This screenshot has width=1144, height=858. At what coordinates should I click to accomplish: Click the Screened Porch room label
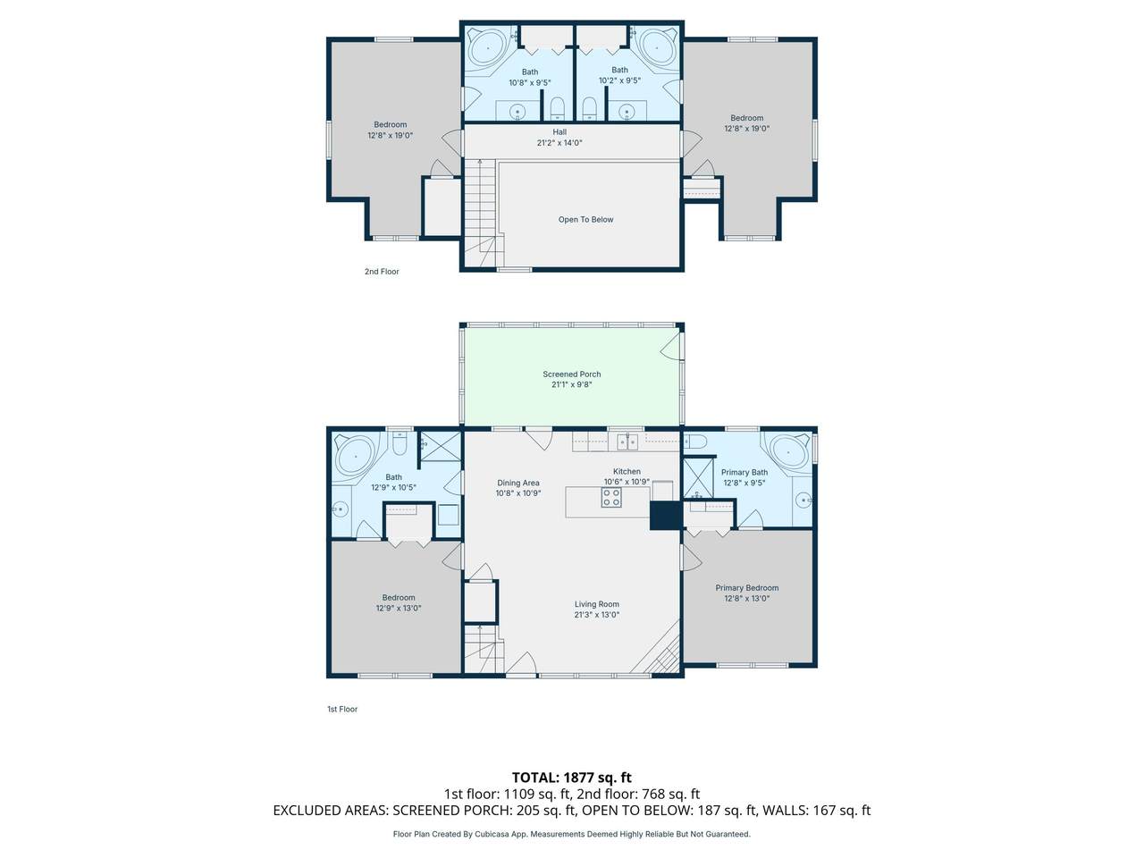coord(571,374)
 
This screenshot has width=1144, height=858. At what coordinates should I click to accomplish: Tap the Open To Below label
coord(585,220)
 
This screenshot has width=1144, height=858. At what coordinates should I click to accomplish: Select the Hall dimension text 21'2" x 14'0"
coord(559,143)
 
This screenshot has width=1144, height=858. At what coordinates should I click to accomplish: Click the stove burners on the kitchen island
coord(610,497)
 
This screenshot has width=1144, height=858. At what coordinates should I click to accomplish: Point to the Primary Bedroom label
coord(746,587)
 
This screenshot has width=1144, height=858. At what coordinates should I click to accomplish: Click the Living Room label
coord(596,604)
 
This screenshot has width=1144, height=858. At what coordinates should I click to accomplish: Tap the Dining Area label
coord(517,483)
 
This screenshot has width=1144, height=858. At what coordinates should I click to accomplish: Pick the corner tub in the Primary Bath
coord(788,452)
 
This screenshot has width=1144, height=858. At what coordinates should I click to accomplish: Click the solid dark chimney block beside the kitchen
coord(666,516)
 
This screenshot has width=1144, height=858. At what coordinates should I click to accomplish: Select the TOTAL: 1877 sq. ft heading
coord(571,778)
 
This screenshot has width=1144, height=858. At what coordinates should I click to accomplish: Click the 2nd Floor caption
coord(382,272)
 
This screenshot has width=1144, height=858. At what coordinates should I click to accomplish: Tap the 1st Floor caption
coord(342,709)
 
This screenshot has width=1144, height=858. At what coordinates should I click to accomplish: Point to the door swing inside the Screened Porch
coord(671,346)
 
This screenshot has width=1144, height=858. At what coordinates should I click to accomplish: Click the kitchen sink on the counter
coord(627,442)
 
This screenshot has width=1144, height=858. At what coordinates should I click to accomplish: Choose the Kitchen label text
coord(627,472)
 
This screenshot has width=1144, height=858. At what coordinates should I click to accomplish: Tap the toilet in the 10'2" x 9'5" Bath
coord(589,108)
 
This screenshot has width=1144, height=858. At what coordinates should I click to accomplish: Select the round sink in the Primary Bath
coord(804,500)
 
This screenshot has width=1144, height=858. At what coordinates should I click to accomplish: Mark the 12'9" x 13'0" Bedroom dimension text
coord(399,608)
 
